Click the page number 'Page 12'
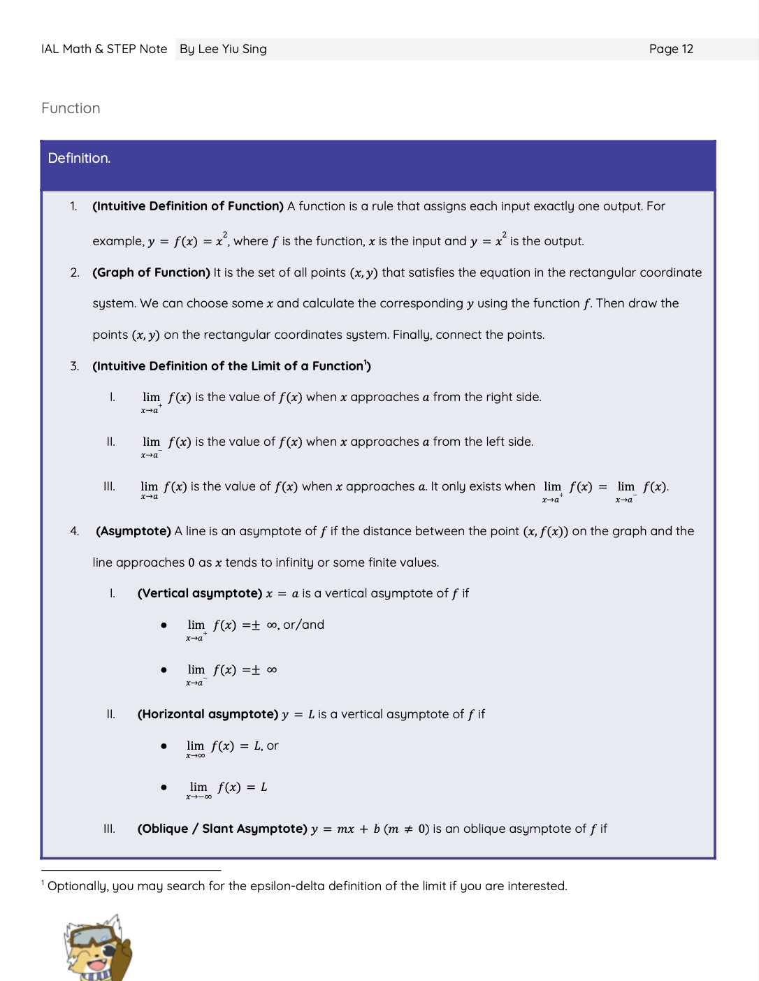coord(671,49)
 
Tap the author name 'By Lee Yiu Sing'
coord(223,49)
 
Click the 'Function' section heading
coord(71,108)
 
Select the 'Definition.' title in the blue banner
coord(79,159)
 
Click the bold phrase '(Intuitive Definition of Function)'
coord(188,206)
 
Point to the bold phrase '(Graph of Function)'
coord(151,272)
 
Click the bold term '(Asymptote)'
coord(133,531)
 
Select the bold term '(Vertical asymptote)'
coord(200,593)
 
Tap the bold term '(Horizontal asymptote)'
coord(208,714)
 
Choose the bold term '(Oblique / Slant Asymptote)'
coord(222,829)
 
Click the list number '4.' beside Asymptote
coord(75,531)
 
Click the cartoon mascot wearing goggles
coord(97,949)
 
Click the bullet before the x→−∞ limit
coord(164,787)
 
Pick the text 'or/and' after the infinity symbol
coord(303,625)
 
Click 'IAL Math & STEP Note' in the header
coord(104,49)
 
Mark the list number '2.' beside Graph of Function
coord(75,272)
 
